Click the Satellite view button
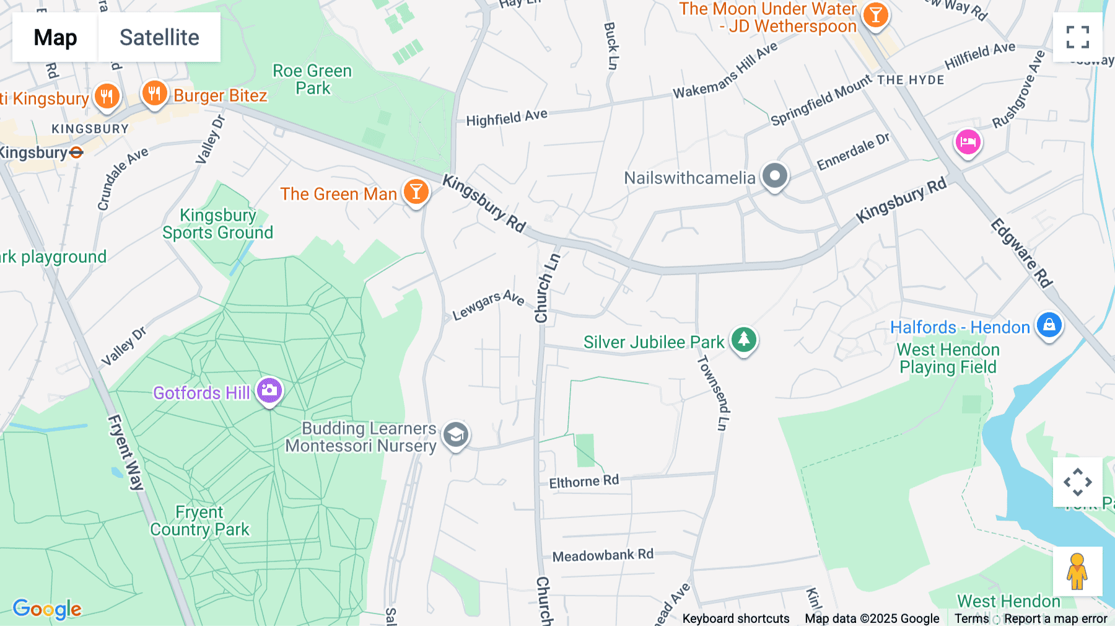[x=159, y=37]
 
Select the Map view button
[x=55, y=37]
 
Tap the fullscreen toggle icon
[x=1077, y=37]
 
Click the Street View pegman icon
[x=1077, y=571]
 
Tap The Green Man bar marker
[x=416, y=192]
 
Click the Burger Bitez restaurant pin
[x=154, y=94]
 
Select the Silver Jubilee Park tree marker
[x=744, y=340]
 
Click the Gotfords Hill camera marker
[x=269, y=390]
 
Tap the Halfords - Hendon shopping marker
[x=1049, y=325]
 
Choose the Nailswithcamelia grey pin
[x=774, y=177]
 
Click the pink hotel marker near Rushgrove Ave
[x=968, y=143]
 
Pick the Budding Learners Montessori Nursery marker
[x=456, y=435]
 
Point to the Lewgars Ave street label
[x=488, y=304]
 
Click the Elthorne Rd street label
[x=584, y=482]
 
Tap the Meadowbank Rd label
[x=602, y=555]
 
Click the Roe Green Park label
[x=312, y=79]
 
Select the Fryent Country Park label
[x=199, y=521]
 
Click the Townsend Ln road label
[x=714, y=393]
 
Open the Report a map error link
[x=1055, y=619]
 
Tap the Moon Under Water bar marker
[x=875, y=15]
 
